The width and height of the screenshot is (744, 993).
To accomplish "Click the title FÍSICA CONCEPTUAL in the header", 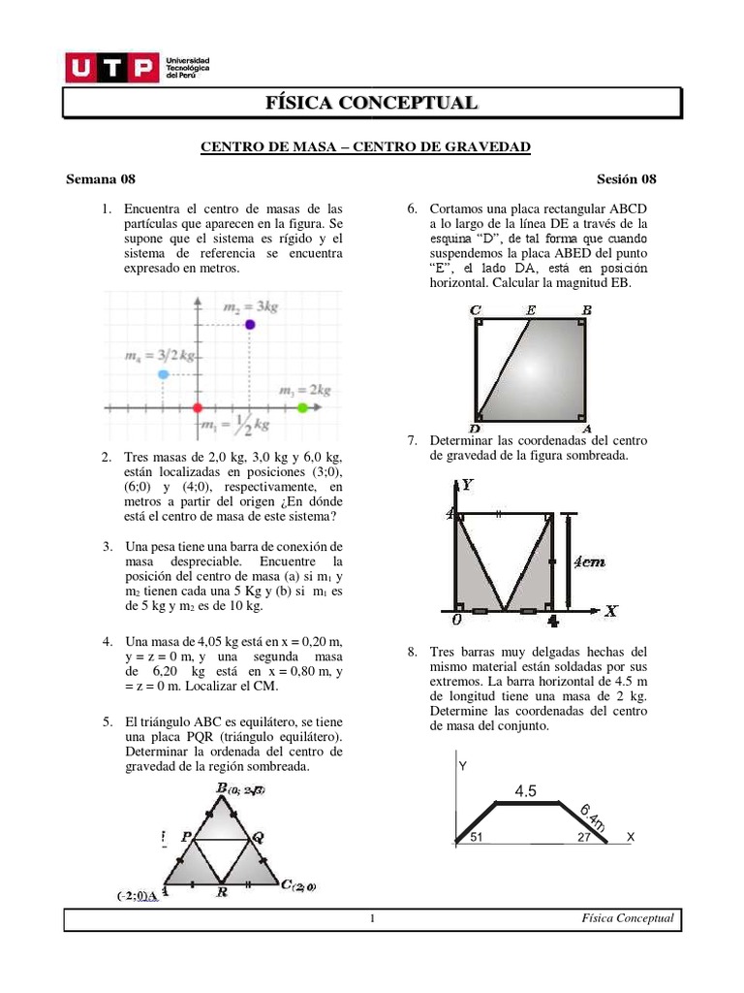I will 372,103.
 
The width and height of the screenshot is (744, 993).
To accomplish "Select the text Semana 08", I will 101,178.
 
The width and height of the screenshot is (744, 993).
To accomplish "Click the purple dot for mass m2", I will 250,324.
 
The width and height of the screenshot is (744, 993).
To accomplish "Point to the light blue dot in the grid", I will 164,373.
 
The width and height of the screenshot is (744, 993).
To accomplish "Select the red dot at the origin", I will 198,408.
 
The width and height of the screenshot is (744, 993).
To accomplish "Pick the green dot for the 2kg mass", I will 302,408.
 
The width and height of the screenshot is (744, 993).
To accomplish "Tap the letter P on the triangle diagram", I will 184,835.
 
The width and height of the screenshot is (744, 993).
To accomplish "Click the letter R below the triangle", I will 222,892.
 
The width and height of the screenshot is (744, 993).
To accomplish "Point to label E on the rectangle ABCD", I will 530,310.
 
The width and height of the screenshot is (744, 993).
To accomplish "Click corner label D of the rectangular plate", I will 475,428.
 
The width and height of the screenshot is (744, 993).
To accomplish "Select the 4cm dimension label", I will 590,561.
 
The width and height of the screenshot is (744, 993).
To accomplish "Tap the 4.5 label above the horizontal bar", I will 526,791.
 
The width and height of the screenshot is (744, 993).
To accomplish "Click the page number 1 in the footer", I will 372,919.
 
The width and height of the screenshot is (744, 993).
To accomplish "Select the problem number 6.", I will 412,209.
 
